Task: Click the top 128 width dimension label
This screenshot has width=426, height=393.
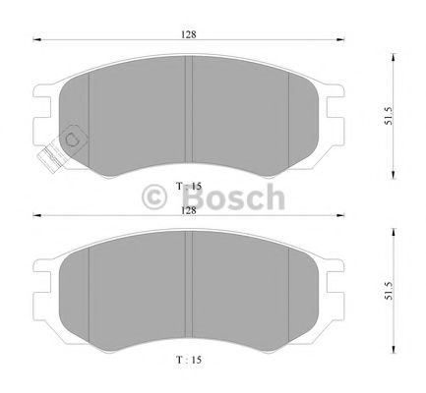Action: coord(188,33)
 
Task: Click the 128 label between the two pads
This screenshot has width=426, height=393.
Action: coord(188,208)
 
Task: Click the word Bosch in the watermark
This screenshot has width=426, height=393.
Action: coord(233,199)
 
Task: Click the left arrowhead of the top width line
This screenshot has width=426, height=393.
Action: coord(37,41)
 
